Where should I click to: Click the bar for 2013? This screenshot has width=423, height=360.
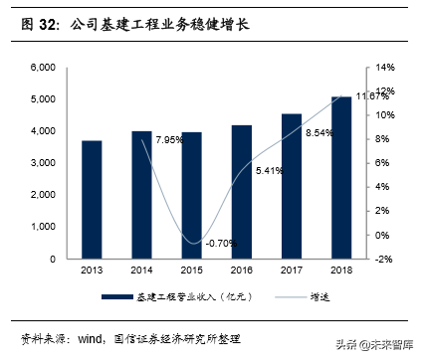click(x=92, y=200)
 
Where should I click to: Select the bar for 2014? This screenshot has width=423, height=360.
click(x=142, y=195)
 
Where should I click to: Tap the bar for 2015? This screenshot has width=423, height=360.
click(x=191, y=196)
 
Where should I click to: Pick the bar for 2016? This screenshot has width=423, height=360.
click(x=242, y=192)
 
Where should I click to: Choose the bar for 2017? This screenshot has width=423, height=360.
click(x=291, y=186)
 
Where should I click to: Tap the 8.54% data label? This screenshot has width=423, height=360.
click(x=318, y=133)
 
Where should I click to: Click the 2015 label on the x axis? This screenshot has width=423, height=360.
click(x=191, y=270)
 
